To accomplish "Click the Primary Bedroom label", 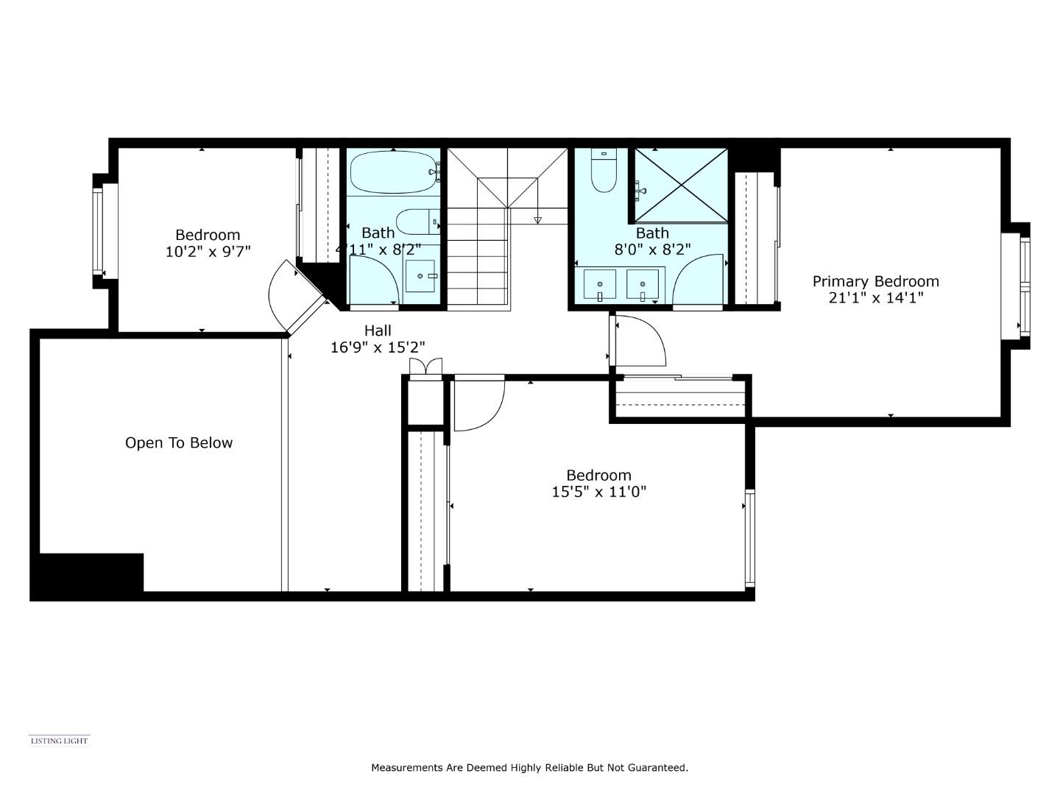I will point(875,281).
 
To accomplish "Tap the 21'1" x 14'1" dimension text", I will point(875,298).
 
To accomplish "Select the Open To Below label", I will point(179,443).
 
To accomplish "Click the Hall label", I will point(378,331).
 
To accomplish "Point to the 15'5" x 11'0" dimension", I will point(598,492).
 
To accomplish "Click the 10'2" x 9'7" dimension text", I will point(208,252).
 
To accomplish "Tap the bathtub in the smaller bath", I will point(392,172).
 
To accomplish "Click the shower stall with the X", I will point(681,185).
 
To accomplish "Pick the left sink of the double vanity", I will point(600,284).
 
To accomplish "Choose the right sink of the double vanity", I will point(643,284).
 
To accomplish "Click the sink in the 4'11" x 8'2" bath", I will point(420,276).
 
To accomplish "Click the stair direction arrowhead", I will point(538,219).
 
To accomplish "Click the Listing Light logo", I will point(59,741).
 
